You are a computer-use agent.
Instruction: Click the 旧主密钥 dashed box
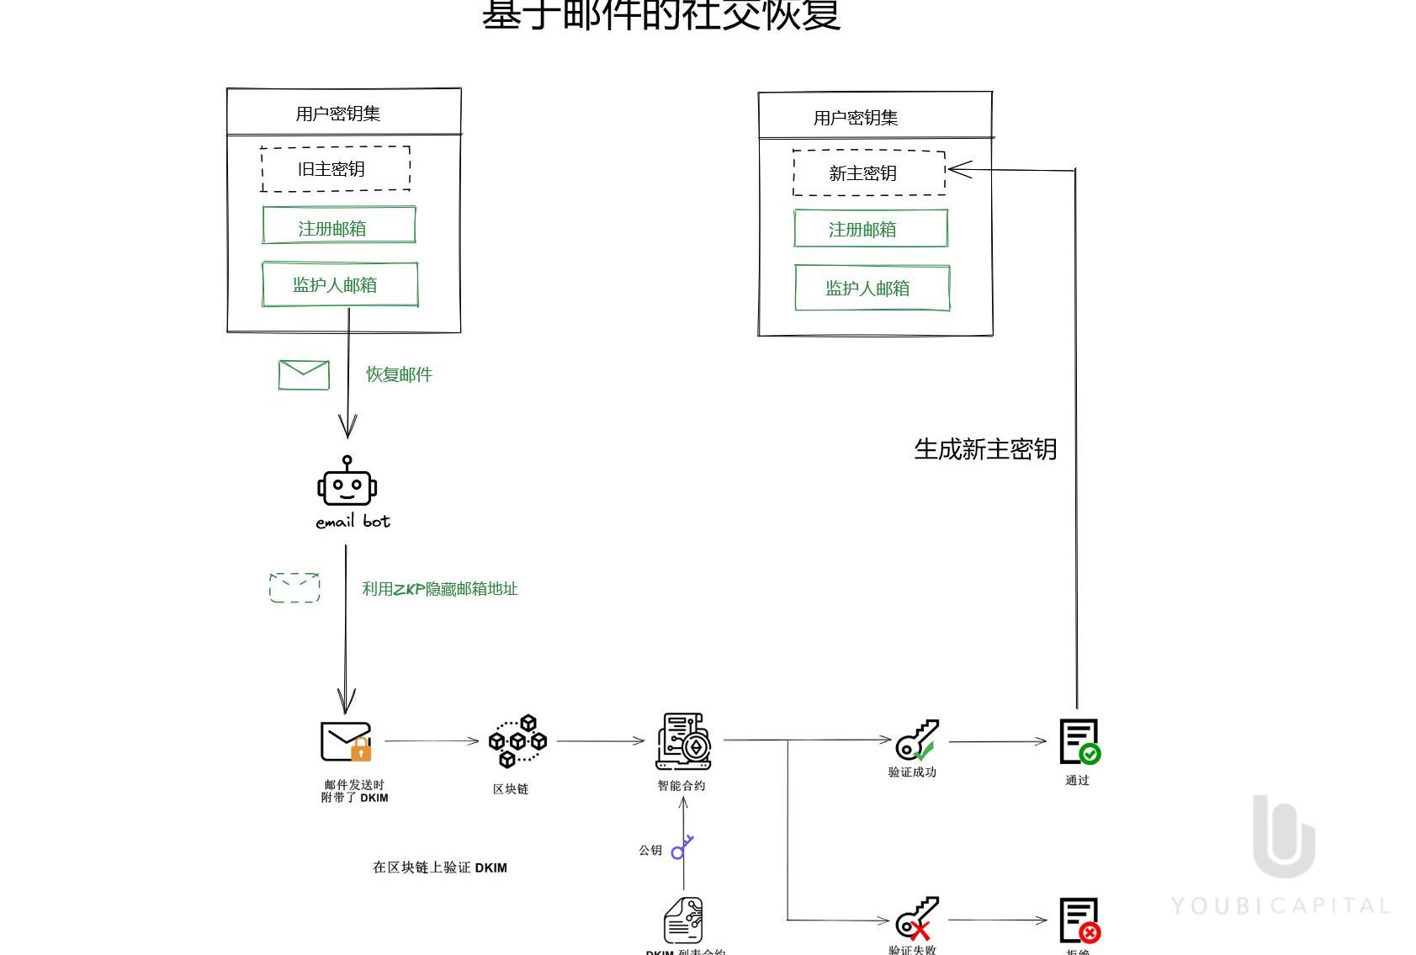click(336, 168)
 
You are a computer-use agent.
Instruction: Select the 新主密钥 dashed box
click(868, 173)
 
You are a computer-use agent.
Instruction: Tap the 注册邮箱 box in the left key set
click(338, 225)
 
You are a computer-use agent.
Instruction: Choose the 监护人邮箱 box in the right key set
click(872, 288)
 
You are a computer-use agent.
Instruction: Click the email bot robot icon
click(347, 482)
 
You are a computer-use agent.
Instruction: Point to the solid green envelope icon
click(304, 375)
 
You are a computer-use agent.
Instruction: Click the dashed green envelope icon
click(294, 587)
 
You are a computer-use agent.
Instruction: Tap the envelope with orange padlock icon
click(346, 741)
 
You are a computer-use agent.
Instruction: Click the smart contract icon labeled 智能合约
click(683, 741)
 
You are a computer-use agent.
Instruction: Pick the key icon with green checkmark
click(916, 740)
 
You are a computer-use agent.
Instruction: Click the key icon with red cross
click(916, 918)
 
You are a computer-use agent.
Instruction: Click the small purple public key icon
click(681, 847)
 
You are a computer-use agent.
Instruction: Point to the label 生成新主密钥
click(985, 449)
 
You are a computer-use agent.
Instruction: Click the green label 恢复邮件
click(399, 374)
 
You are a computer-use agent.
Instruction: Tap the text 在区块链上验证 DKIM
click(439, 867)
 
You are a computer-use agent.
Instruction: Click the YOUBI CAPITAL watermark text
click(1280, 906)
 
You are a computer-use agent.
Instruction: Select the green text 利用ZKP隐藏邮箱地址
click(439, 589)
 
